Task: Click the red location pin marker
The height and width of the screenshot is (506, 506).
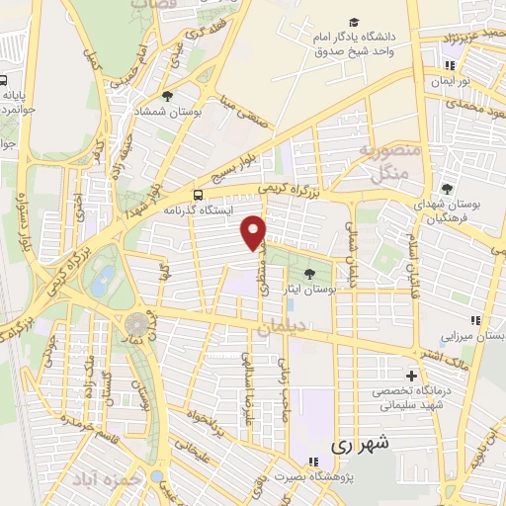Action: pos(254,232)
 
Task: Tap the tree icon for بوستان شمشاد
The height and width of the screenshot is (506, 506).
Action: pos(168,96)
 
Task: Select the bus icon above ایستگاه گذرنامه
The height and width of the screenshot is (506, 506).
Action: pos(199,194)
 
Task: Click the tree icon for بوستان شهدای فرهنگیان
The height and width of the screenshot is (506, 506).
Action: pos(447,189)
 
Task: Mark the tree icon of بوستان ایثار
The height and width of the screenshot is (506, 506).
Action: pos(311,273)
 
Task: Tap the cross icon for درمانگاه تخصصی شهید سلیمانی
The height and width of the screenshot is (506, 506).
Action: pos(412,376)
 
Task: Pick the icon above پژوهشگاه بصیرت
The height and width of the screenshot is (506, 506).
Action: pos(312,461)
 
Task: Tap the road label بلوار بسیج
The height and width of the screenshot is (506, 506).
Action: pos(242,154)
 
